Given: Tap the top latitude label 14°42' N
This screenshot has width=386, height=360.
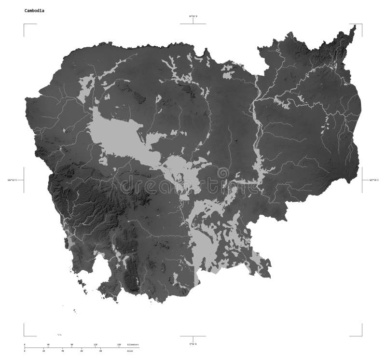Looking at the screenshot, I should (x=193, y=16).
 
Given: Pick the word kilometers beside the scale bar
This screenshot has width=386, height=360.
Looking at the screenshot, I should (x=133, y=345).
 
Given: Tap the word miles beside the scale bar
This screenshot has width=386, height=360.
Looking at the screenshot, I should (x=130, y=351).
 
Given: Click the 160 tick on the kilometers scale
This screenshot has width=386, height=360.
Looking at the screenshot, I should (x=119, y=345).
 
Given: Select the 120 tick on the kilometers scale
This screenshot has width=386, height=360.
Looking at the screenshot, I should (x=95, y=345).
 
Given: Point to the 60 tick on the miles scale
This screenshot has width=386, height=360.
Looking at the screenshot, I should (x=82, y=351).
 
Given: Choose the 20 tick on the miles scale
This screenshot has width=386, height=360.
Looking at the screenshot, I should (x=43, y=351).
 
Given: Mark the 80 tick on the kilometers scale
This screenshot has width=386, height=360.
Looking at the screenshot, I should (x=71, y=345).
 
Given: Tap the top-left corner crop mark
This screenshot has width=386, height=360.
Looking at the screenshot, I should (x=24, y=24).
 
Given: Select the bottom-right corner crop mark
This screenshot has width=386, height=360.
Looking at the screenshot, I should (x=361, y=335).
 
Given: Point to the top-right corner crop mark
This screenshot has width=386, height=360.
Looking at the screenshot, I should (x=361, y=24).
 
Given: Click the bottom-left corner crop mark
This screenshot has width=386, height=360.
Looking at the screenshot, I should (x=24, y=335).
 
